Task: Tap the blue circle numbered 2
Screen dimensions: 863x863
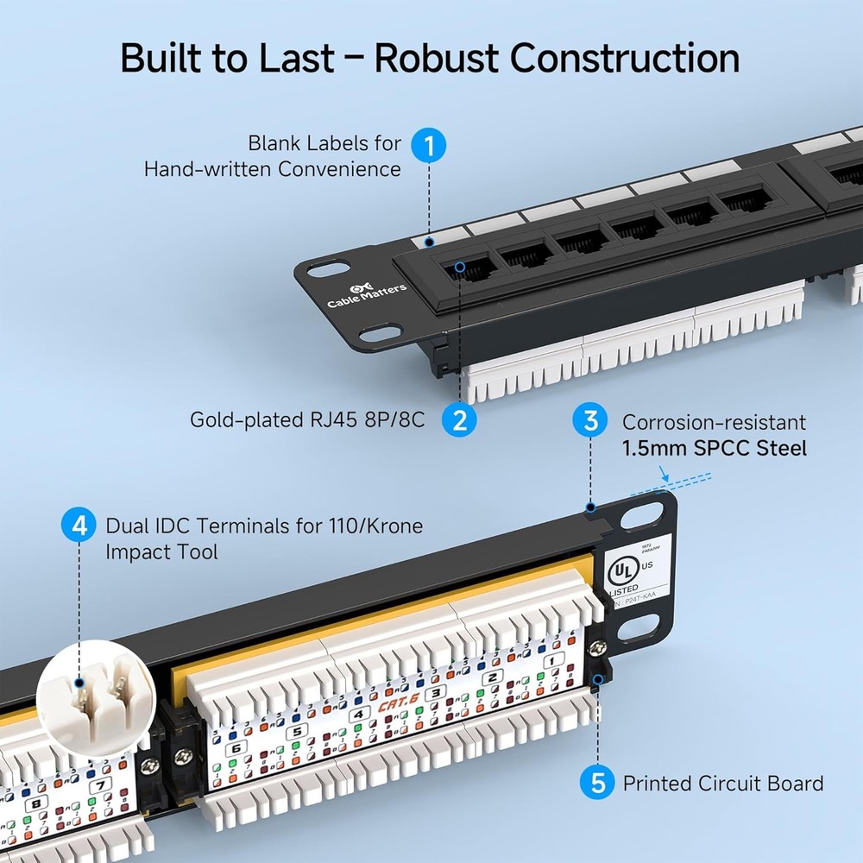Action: (x=459, y=420)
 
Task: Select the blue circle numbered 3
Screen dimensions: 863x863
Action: (x=591, y=421)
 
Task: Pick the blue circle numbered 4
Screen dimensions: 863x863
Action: (x=79, y=525)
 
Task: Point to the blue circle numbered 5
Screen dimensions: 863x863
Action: (x=597, y=784)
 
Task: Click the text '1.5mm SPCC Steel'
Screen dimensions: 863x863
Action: (x=715, y=448)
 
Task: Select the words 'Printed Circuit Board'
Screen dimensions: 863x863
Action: (x=722, y=784)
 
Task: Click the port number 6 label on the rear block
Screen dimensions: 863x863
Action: (x=232, y=749)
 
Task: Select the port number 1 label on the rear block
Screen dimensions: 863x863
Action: (x=553, y=659)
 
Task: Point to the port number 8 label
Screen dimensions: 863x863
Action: (x=37, y=803)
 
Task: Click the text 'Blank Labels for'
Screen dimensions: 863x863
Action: (x=324, y=143)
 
